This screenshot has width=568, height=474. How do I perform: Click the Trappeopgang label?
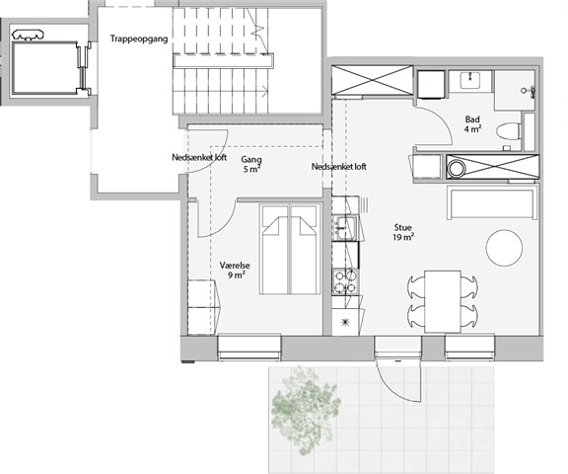pos(139,39)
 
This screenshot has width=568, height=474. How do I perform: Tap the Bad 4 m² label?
pos(472,124)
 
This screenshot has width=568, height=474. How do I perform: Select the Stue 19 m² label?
pos(403,232)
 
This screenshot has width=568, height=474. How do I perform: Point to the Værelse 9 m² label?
pos(235,271)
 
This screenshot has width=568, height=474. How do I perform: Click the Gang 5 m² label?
pos(251,164)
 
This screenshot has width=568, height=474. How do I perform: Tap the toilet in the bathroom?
pos(509,131)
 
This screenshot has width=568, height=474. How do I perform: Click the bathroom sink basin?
pos(470,80)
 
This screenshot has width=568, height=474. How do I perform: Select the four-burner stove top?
pos(344,282)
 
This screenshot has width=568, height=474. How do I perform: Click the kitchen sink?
pos(345,227)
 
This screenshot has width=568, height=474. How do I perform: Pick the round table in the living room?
pos(504,248)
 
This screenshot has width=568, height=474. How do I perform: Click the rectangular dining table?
pos(443,301)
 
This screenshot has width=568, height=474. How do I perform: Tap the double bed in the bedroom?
pos(291,249)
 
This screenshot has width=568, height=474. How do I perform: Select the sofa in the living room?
pos(492,202)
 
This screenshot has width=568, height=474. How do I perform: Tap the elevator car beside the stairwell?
pos(45,68)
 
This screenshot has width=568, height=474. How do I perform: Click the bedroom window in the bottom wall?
pos(249,348)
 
